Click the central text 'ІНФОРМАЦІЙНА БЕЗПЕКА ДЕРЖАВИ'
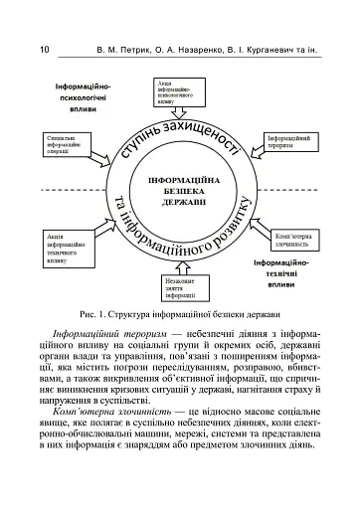tap(180, 190)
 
